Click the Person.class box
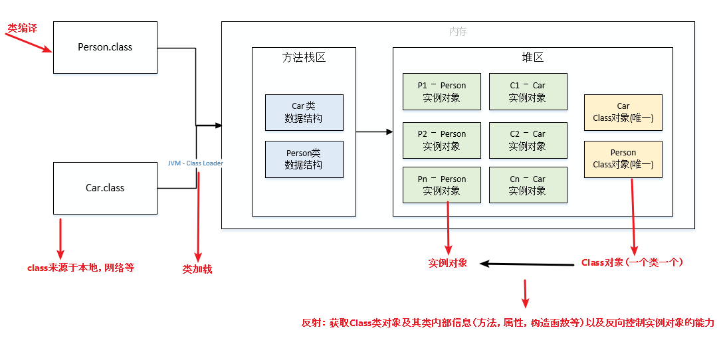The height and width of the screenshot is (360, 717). (x=105, y=47)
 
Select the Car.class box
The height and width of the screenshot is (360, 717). (x=105, y=188)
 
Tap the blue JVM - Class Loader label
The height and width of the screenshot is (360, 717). (x=195, y=163)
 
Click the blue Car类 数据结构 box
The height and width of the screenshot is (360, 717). (x=304, y=112)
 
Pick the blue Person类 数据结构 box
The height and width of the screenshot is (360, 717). (x=304, y=159)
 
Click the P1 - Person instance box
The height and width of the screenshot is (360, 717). (x=441, y=92)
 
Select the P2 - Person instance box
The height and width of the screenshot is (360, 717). (x=441, y=140)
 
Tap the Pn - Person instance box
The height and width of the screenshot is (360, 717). (x=441, y=185)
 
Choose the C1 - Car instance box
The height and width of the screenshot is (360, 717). (x=528, y=92)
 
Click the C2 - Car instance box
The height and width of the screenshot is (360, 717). (x=528, y=140)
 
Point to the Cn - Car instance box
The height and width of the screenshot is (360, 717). (x=528, y=185)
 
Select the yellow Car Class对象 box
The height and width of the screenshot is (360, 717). (x=623, y=112)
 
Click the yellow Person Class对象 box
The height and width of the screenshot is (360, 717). (x=623, y=159)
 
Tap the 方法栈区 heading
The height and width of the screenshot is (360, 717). (x=304, y=58)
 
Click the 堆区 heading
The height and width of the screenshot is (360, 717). (x=532, y=58)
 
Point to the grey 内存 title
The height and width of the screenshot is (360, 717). (x=458, y=31)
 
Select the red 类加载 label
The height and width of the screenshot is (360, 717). (x=197, y=269)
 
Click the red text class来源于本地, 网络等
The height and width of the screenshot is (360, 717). (x=80, y=268)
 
